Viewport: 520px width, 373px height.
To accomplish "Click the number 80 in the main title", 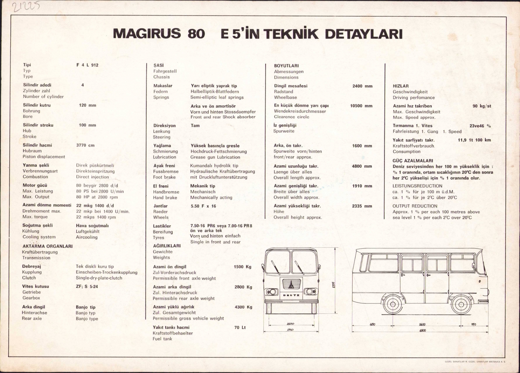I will point(196,34).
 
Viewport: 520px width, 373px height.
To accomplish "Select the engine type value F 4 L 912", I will point(87,65).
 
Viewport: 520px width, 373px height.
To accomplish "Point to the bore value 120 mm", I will point(87,105).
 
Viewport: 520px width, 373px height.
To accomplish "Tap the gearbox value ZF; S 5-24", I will point(87,286).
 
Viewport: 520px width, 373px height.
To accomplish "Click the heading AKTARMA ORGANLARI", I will point(47,246).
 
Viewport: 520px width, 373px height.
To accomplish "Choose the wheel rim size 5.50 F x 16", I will point(203,206).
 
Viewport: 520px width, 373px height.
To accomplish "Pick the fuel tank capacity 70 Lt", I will point(240,327).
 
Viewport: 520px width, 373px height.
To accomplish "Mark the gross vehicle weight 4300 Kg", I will point(243,307).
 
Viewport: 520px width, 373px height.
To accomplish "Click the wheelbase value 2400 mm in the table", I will point(362,86).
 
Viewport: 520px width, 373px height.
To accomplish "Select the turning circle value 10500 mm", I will point(361,106).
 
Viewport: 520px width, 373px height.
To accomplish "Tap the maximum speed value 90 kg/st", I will point(482,106).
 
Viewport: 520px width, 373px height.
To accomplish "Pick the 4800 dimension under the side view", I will point(422,330).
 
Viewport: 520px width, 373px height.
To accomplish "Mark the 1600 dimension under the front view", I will point(291,324).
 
